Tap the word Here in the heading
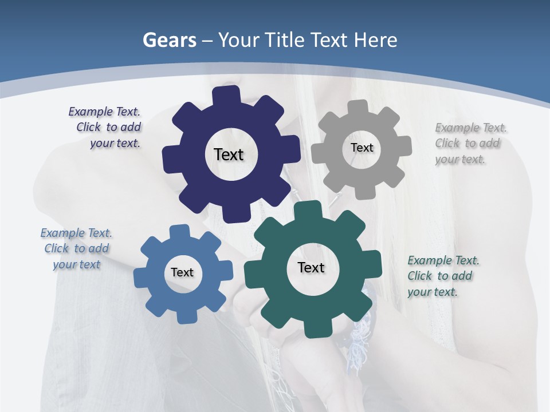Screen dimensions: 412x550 click(x=375, y=40)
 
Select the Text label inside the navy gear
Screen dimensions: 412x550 click(x=229, y=154)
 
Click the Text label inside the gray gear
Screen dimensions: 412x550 click(x=362, y=148)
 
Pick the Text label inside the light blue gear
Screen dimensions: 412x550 click(x=182, y=272)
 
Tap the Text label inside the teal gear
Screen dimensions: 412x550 click(x=311, y=267)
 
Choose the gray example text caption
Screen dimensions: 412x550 click(x=469, y=144)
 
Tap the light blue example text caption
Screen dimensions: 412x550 click(x=76, y=249)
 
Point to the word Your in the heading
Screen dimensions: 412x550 click(x=238, y=40)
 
